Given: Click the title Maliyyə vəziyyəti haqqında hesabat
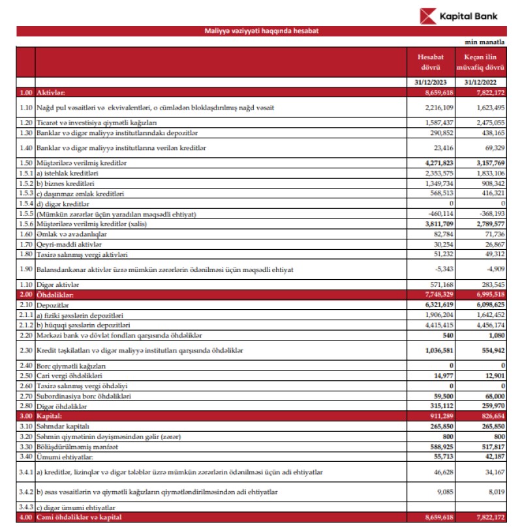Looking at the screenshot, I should (x=261, y=31).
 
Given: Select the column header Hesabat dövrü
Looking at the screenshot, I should (x=432, y=62).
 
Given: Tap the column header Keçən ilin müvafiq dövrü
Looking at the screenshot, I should (x=484, y=62).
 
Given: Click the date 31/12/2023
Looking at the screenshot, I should (x=432, y=83).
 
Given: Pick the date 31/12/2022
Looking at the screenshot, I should (x=484, y=83).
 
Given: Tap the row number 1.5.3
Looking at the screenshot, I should (x=26, y=194).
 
